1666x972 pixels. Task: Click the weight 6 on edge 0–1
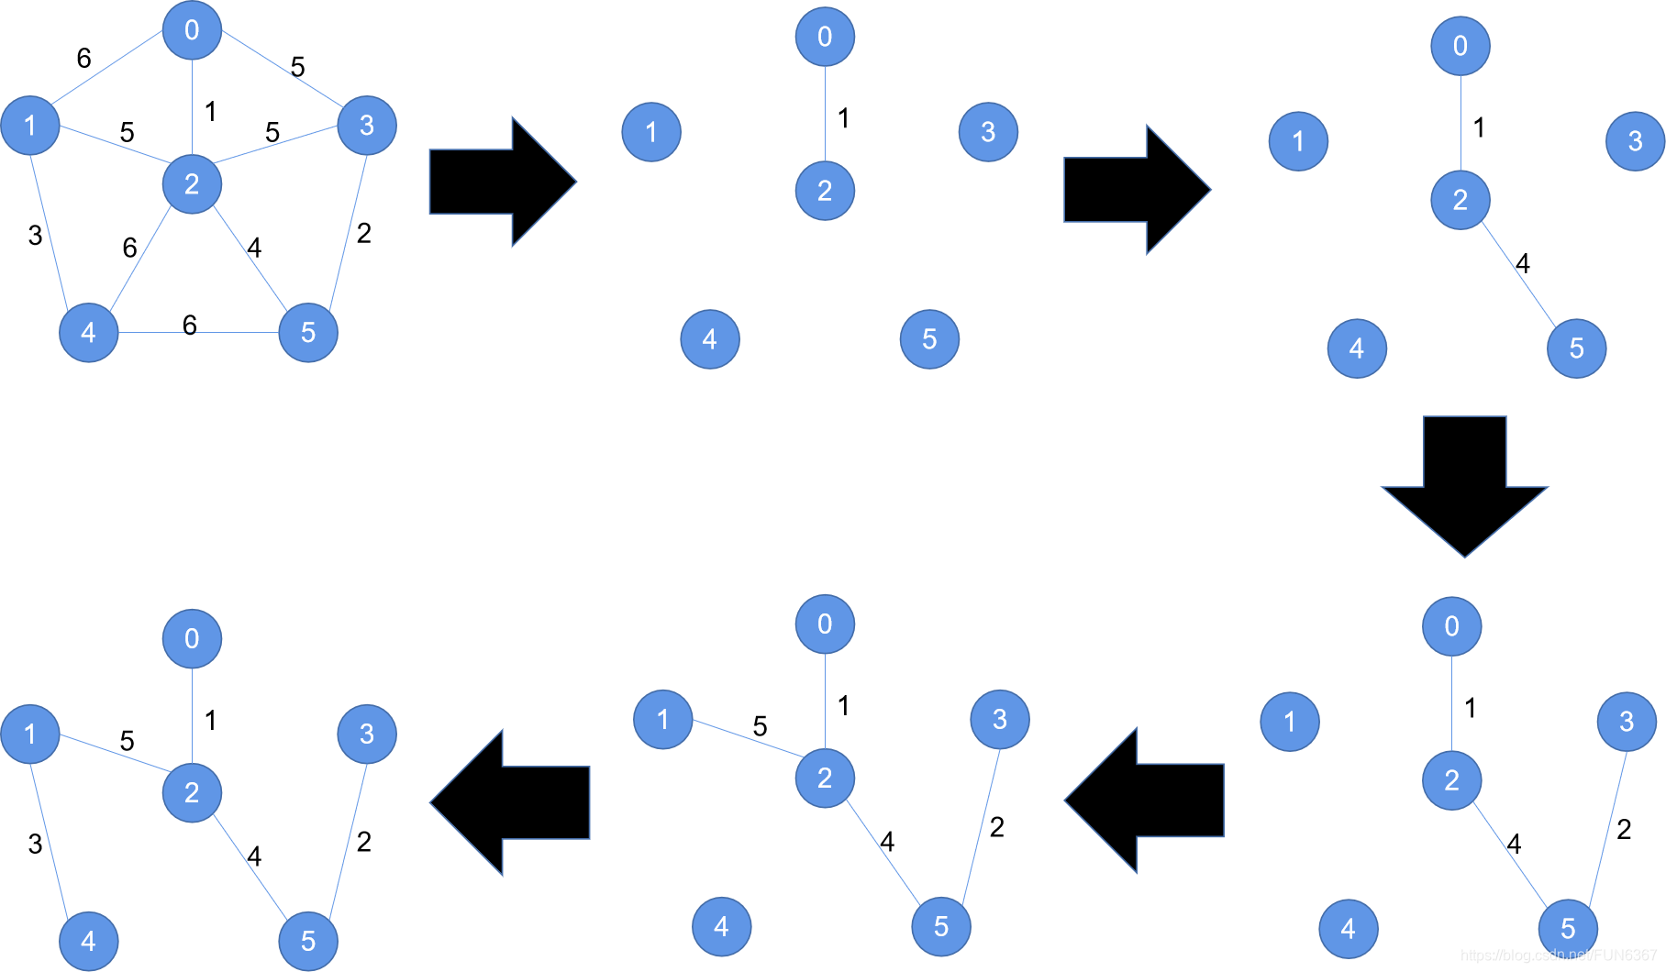click(x=83, y=59)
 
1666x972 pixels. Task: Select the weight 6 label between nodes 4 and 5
click(x=190, y=325)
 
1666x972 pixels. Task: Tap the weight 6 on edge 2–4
click(x=129, y=248)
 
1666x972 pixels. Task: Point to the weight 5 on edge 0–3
click(x=297, y=67)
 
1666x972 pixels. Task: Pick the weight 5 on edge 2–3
click(x=272, y=132)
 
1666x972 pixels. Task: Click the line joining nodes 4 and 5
click(x=229, y=332)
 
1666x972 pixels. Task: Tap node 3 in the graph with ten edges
click(x=367, y=126)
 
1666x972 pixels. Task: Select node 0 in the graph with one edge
click(x=825, y=37)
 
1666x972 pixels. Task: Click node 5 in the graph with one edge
click(x=929, y=339)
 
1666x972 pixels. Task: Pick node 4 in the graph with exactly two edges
click(x=1357, y=348)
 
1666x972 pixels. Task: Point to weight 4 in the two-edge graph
click(x=1523, y=264)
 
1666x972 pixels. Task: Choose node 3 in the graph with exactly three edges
click(x=1627, y=722)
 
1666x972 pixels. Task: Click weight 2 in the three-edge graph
click(x=1624, y=830)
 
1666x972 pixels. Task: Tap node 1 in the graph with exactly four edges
click(x=662, y=719)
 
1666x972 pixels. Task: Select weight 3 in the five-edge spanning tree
click(x=35, y=844)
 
